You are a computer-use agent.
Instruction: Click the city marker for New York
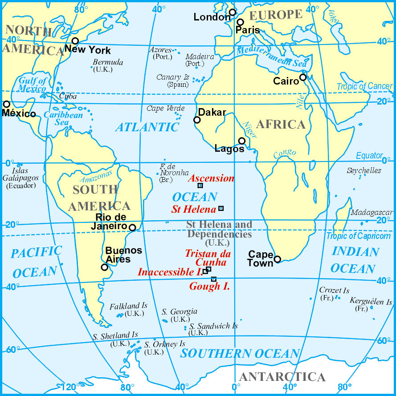pyautogui.click(x=75, y=41)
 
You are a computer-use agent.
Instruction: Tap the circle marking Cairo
pyautogui.click(x=303, y=77)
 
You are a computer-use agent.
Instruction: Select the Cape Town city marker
pyautogui.click(x=278, y=259)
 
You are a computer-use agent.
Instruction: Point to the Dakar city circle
pyautogui.click(x=197, y=120)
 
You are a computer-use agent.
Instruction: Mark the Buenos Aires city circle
pyautogui.click(x=104, y=267)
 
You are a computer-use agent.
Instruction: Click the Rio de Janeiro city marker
pyautogui.click(x=132, y=227)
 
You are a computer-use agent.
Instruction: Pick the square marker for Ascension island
pyautogui.click(x=200, y=186)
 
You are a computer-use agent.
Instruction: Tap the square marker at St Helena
pyautogui.click(x=221, y=208)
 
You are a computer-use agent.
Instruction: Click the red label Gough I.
pyautogui.click(x=210, y=287)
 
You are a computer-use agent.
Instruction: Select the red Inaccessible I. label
pyautogui.click(x=170, y=272)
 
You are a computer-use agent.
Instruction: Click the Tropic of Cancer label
pyautogui.click(x=364, y=86)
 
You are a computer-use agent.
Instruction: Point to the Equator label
pyautogui.click(x=369, y=156)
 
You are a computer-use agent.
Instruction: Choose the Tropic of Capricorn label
pyautogui.click(x=359, y=236)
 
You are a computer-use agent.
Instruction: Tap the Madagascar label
pyautogui.click(x=371, y=213)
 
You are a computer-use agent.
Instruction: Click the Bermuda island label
pyautogui.click(x=108, y=62)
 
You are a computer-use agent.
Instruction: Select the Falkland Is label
pyautogui.click(x=128, y=306)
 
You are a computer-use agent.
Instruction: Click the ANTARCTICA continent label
pyautogui.click(x=282, y=377)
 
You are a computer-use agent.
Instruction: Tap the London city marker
pyautogui.click(x=233, y=12)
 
